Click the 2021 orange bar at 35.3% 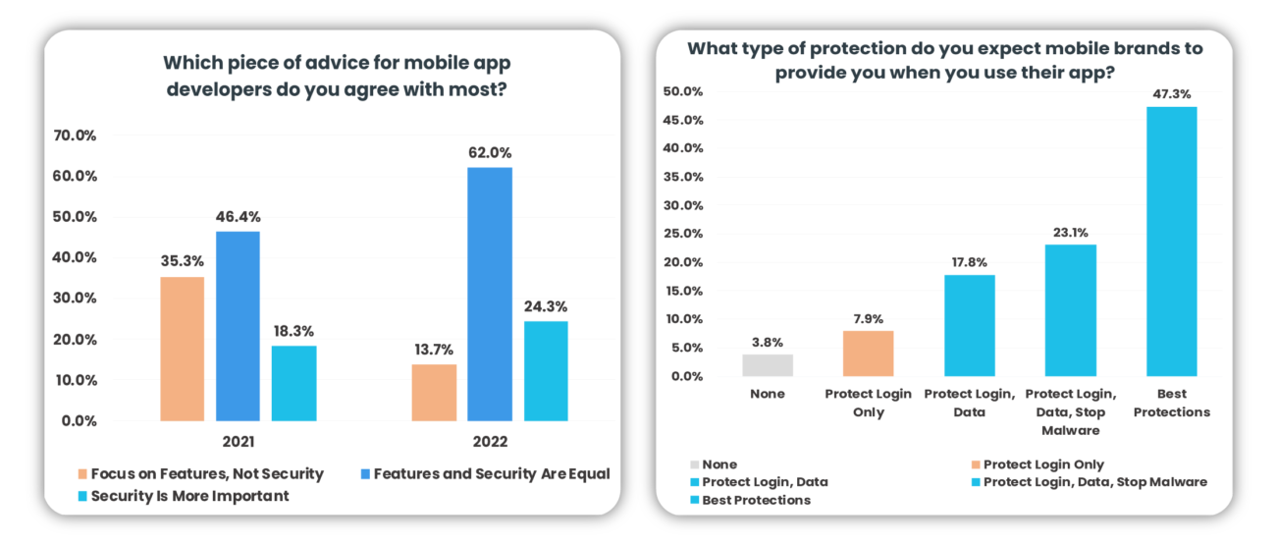tap(183, 349)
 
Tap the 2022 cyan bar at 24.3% tap(545, 370)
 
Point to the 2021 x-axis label tap(239, 442)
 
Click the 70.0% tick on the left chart tap(75, 136)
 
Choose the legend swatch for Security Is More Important tap(82, 496)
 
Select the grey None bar tap(767, 365)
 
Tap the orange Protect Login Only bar tap(869, 354)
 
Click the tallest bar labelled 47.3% tap(1172, 241)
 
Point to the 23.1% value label tap(1071, 233)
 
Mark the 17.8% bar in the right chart tap(970, 325)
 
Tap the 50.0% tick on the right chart tap(685, 91)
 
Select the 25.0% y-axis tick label tap(685, 234)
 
